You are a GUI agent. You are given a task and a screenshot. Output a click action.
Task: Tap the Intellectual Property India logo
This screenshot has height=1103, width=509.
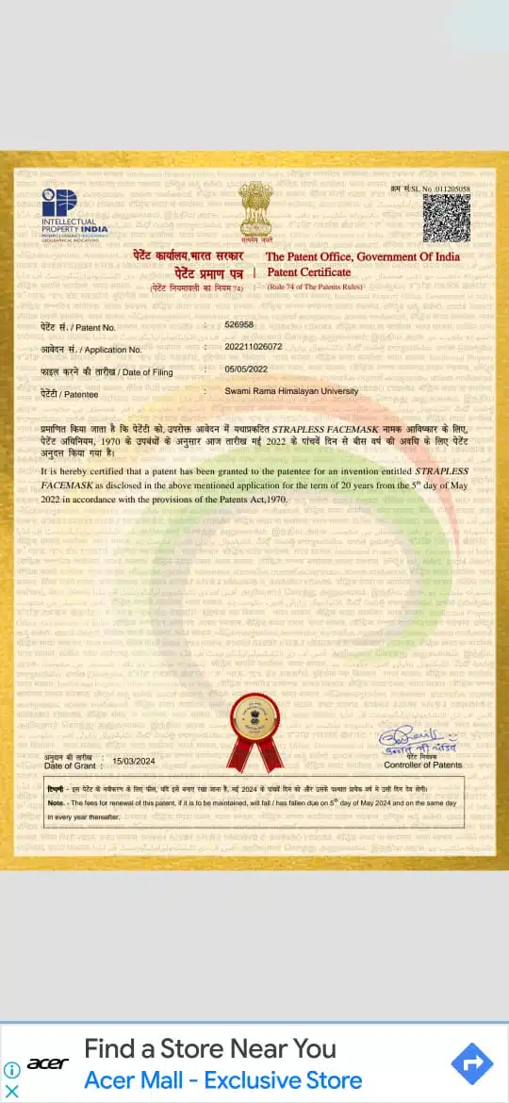click(x=74, y=211)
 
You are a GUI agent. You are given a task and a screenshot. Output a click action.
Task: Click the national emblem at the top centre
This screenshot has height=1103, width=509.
click(x=254, y=212)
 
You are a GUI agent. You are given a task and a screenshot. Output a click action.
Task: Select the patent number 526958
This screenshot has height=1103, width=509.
click(x=239, y=324)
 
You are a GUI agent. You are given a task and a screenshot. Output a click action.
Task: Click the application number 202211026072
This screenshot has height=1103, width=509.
click(x=253, y=346)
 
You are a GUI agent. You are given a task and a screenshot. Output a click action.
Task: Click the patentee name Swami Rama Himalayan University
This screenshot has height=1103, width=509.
click(x=291, y=390)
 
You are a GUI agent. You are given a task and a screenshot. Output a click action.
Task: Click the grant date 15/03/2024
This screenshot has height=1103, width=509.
click(x=133, y=760)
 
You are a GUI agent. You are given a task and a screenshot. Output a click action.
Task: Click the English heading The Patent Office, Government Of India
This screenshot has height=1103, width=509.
click(x=362, y=256)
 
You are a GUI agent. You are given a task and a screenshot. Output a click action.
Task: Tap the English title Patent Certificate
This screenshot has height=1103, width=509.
click(x=308, y=272)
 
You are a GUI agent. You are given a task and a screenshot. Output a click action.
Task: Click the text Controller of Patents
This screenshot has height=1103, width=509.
click(x=423, y=765)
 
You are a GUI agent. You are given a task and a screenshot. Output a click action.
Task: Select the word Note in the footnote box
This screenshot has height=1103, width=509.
click(x=56, y=802)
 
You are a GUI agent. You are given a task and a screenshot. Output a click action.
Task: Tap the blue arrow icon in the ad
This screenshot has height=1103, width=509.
click(x=472, y=1064)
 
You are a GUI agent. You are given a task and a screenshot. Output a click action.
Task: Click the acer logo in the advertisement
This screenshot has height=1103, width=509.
click(x=47, y=1063)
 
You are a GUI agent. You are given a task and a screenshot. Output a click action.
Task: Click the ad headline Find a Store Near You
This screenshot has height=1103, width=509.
click(x=210, y=1048)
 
